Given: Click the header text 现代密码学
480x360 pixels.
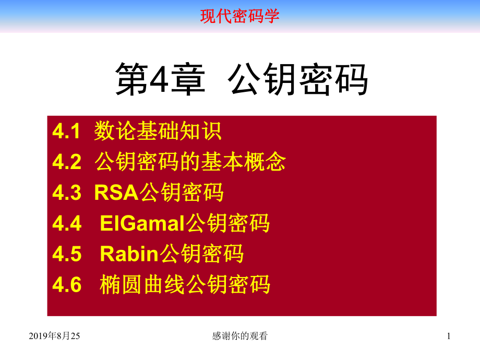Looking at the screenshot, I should pos(239,16).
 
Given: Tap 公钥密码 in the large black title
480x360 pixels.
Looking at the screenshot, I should pos(298,79).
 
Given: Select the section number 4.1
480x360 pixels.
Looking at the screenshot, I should pos(67,131).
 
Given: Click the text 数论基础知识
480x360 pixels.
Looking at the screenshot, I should pos(158,131).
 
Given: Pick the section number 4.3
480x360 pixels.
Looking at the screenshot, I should pos(67,193).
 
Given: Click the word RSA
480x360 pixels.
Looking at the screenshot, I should pos(116,193).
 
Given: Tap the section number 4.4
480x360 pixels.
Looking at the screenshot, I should pos(67,224).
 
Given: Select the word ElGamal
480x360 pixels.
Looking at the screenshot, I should pos(142,224).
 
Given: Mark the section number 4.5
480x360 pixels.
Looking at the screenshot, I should pos(67,254).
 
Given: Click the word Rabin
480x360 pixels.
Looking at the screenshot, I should pos(129,254).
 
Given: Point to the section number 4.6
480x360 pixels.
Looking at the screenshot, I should pos(67,285).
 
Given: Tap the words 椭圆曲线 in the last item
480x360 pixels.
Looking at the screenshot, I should pos(142,285).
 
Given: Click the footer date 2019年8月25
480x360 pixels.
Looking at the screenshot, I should pos(55,337).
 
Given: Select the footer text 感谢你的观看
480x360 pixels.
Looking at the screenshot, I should pos(240,337).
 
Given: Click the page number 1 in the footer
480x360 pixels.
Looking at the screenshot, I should pos(448,337).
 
